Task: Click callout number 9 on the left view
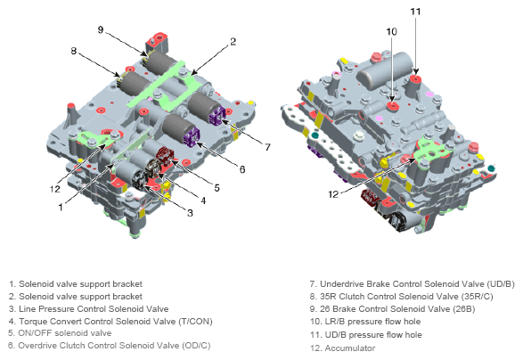pos(101,29)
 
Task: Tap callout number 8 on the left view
pos(74,51)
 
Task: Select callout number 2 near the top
pos(233,41)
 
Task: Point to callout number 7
pos(267,147)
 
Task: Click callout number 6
pos(242,169)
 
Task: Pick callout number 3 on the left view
pos(190,213)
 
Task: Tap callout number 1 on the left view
pos(61,208)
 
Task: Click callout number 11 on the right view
pos(415,12)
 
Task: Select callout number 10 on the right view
pos(392,32)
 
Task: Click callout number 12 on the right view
pos(333,194)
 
